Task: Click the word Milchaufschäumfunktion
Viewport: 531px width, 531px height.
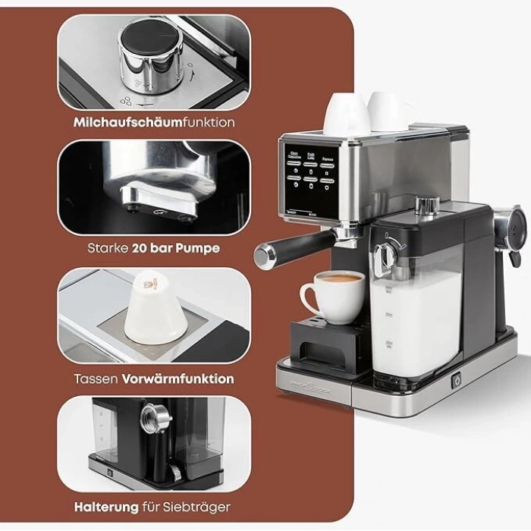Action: click(x=154, y=121)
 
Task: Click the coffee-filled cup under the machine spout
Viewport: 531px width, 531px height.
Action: click(x=335, y=294)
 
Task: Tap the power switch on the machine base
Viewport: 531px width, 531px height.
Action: click(x=457, y=381)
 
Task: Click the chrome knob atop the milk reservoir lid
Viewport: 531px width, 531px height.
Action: click(x=429, y=205)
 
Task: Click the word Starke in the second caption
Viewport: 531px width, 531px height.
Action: click(x=108, y=247)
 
